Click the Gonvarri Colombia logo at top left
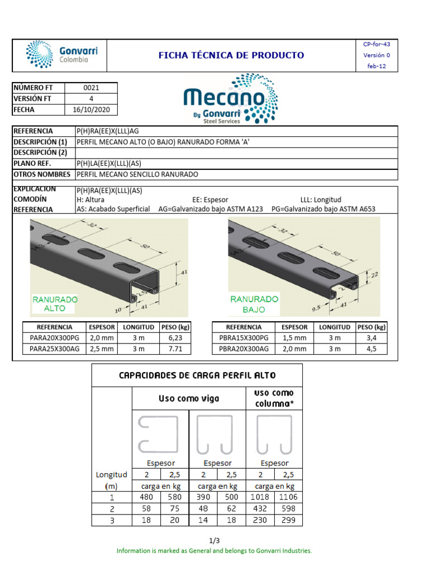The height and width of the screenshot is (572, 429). [61, 55]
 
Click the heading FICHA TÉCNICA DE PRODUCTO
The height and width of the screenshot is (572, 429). [231, 55]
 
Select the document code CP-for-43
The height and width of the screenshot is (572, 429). [377, 44]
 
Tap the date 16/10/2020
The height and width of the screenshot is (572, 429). [92, 109]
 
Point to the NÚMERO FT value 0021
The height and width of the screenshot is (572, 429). [91, 88]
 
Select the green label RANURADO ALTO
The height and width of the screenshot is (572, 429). [55, 303]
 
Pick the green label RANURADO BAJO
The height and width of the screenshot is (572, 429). [254, 304]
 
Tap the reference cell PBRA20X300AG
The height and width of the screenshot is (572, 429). [244, 349]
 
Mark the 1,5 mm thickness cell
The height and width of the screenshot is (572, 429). [294, 338]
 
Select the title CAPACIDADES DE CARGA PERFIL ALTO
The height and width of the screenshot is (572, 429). [197, 375]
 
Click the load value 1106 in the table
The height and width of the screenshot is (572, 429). [288, 497]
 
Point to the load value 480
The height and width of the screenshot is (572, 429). [146, 497]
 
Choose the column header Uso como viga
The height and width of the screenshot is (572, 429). [189, 398]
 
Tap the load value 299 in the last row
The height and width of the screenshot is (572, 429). [288, 520]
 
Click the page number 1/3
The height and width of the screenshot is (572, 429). [214, 541]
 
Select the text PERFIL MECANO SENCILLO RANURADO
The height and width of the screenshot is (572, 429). [137, 174]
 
